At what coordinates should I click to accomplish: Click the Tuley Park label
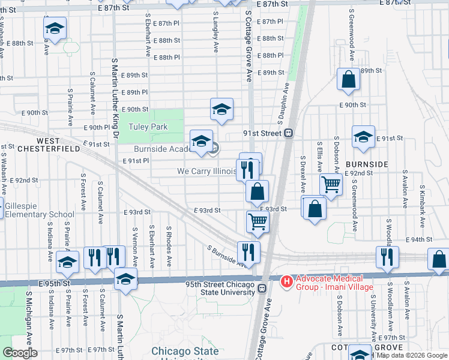tap(148, 127)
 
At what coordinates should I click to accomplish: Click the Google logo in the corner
tap(20, 353)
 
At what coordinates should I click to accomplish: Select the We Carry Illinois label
tap(206, 171)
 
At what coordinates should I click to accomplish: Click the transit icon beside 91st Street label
tap(289, 133)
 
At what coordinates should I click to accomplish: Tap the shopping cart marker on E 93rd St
tap(257, 220)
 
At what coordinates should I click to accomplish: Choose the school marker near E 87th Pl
tap(55, 28)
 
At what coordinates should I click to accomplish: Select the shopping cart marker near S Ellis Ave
tap(331, 184)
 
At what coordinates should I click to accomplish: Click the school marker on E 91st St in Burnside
tap(363, 137)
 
